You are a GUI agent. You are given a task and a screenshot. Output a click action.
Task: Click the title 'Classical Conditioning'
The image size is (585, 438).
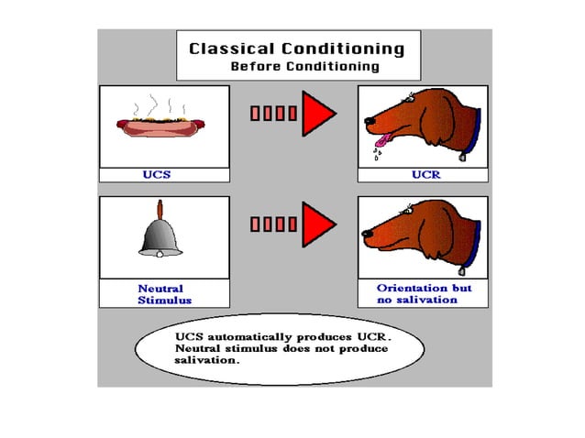point(296,49)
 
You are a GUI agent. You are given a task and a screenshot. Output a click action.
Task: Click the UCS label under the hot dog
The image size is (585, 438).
point(159,174)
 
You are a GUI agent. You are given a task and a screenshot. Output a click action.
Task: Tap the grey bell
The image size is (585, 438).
point(160,237)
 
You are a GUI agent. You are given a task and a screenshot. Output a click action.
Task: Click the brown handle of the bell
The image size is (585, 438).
point(160,207)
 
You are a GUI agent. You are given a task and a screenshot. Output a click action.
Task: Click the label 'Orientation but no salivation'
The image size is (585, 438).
point(423,293)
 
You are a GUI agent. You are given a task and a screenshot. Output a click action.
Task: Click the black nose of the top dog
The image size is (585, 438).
point(367,120)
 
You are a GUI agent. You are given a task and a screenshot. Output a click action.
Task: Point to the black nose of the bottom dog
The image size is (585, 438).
point(367,235)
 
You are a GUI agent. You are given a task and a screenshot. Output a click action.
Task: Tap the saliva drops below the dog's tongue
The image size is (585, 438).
point(378,153)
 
